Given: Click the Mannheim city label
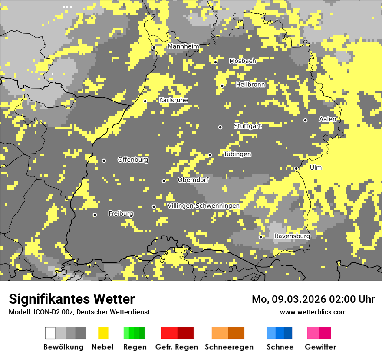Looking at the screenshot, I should [x=183, y=46].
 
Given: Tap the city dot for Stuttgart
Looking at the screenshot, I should [x=220, y=127].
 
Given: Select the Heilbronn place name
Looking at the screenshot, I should [x=250, y=85].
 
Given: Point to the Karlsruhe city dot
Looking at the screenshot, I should [x=145, y=101].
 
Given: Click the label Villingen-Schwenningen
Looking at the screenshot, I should [x=203, y=206].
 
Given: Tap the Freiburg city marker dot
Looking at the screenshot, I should [x=95, y=215].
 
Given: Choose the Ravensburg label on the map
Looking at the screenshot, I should [x=292, y=236].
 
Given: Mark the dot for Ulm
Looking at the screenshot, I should [x=296, y=168].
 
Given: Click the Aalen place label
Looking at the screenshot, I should [x=327, y=119].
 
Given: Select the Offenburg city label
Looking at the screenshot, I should [x=133, y=160].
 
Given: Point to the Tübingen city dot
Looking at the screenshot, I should [x=210, y=155].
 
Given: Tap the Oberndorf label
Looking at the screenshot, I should [x=193, y=180].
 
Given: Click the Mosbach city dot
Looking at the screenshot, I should [x=215, y=62].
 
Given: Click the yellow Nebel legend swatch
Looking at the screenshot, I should [x=103, y=333].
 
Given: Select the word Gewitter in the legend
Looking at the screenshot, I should [x=320, y=347].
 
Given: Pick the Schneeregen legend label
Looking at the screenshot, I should [x=229, y=347].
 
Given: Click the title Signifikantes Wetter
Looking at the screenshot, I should [x=72, y=299].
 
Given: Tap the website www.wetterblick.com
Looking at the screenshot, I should [x=313, y=312].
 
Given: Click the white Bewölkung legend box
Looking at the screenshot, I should [x=50, y=333].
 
